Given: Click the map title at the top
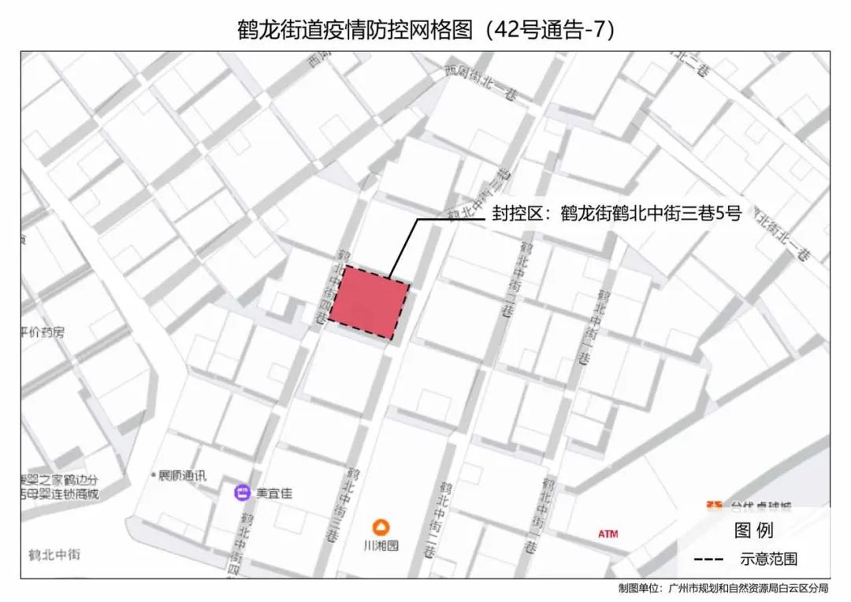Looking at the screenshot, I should [425, 29].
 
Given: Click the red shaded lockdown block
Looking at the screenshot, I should [369, 303].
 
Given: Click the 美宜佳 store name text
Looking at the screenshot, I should [273, 494].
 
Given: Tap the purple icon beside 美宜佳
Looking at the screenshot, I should [242, 494].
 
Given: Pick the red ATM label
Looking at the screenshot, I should [608, 534].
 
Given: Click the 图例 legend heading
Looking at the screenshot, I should [753, 530].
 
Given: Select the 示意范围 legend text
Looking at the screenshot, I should [768, 559].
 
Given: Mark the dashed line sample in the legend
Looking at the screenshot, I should [711, 559].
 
